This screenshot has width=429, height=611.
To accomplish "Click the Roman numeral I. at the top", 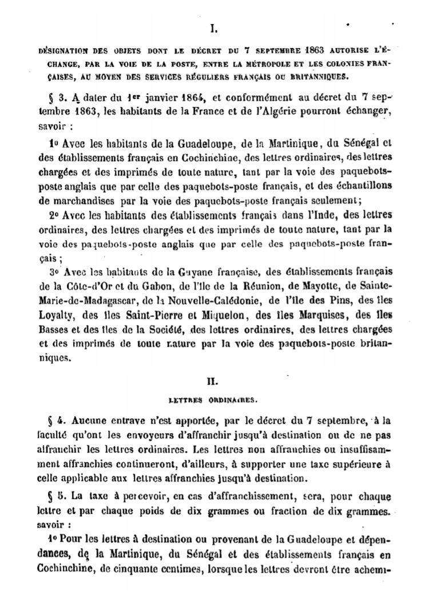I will click(x=214, y=26).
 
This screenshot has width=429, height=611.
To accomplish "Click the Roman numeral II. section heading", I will click(x=214, y=379).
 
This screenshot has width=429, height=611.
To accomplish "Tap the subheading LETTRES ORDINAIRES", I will click(x=214, y=401).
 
